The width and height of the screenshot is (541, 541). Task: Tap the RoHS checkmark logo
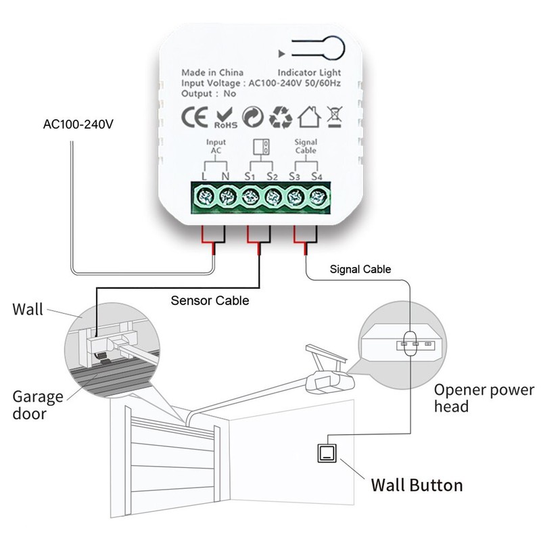(x=225, y=116)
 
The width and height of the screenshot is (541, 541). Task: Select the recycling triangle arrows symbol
(x=280, y=116)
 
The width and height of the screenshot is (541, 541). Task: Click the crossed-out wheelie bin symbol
(x=333, y=116)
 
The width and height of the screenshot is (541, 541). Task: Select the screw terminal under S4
(x=317, y=197)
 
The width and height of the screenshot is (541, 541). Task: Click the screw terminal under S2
(x=273, y=197)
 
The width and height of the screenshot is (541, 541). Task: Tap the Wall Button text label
(x=417, y=485)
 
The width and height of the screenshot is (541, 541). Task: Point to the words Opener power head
(x=483, y=398)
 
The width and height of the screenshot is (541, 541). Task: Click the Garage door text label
(x=38, y=404)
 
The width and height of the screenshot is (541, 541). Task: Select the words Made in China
(x=212, y=72)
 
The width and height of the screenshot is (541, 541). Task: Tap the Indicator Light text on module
(x=309, y=72)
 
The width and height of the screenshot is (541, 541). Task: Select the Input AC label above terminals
(x=216, y=147)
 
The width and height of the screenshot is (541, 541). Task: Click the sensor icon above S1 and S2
(x=260, y=147)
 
